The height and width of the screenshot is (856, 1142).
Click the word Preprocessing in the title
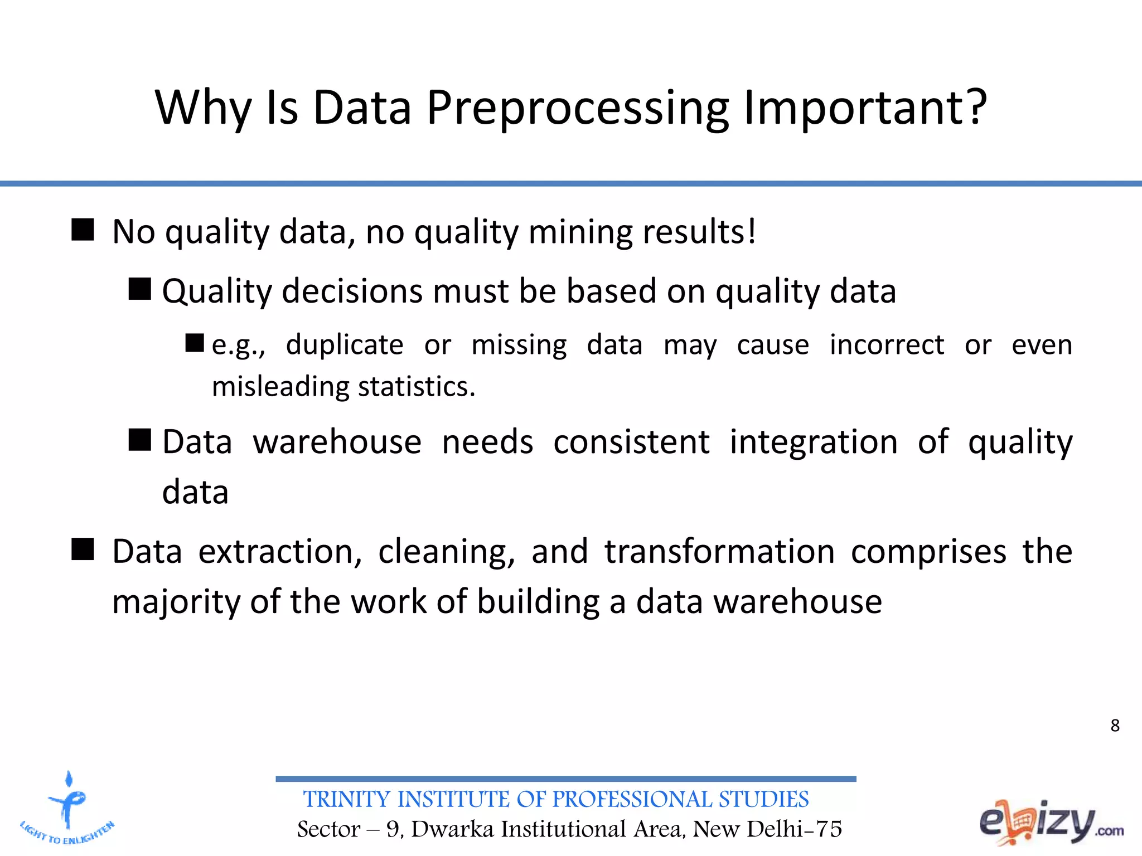click(x=578, y=109)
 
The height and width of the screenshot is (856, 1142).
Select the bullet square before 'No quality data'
click(x=83, y=230)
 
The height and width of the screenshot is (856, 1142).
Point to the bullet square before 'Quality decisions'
click(x=140, y=289)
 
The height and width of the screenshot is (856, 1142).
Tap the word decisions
click(x=352, y=291)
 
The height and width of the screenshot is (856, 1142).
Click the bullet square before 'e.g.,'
click(x=195, y=343)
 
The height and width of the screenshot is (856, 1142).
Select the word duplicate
click(x=345, y=345)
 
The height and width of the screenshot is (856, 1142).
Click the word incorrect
click(x=887, y=344)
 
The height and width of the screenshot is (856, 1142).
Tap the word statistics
click(x=416, y=386)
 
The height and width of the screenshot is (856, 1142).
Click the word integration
click(x=814, y=442)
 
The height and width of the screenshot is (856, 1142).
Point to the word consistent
click(x=631, y=442)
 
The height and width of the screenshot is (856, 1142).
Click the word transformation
click(x=719, y=552)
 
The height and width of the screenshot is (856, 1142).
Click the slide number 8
click(x=1115, y=726)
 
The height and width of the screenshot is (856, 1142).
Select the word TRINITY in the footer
click(x=346, y=800)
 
